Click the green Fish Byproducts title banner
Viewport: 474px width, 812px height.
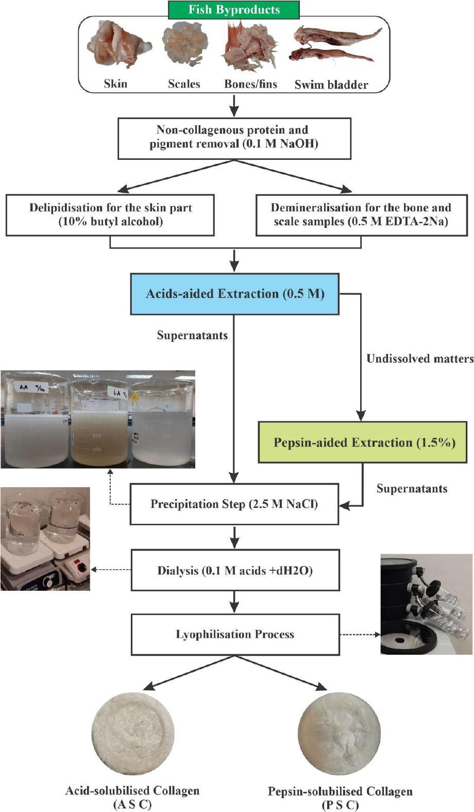tap(234, 10)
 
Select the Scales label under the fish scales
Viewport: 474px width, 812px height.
tap(184, 84)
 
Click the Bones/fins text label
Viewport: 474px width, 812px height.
tap(250, 84)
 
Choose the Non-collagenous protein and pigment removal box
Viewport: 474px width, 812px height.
tap(234, 138)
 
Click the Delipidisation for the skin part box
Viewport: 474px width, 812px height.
tap(110, 215)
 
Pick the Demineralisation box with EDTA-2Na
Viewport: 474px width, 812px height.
tap(361, 215)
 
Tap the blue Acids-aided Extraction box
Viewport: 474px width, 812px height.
tap(234, 294)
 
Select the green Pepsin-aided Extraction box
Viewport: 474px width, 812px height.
tap(363, 442)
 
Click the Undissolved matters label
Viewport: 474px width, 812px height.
tap(419, 359)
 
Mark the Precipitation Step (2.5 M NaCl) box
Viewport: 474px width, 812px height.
tap(234, 504)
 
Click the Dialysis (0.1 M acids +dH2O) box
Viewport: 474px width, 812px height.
tap(235, 571)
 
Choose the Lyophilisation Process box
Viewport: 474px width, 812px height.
tap(235, 634)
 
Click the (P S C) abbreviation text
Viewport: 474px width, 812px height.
tap(340, 805)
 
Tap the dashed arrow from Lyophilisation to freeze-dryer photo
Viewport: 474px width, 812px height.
tap(359, 634)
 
